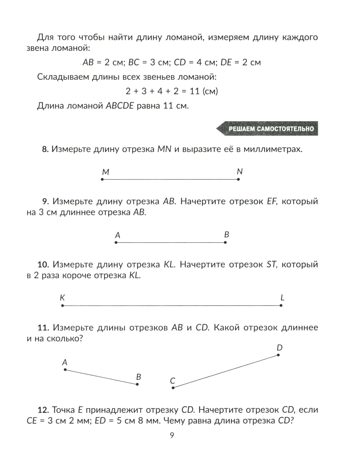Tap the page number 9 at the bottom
[x=172, y=436]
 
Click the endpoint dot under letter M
[x=102, y=179]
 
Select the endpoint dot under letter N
[x=238, y=179]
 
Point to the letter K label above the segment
[x=62, y=298]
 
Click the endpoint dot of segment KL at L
[x=281, y=305]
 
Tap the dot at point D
[x=278, y=355]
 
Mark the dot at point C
[x=173, y=388]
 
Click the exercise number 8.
[x=45, y=149]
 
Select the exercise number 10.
[x=43, y=265]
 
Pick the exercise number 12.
[x=43, y=410]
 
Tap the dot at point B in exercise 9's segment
[x=225, y=242]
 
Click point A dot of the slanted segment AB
[x=65, y=370]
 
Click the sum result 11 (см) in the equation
[x=204, y=91]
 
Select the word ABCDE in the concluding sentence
[x=120, y=106]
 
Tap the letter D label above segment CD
[x=280, y=348]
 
